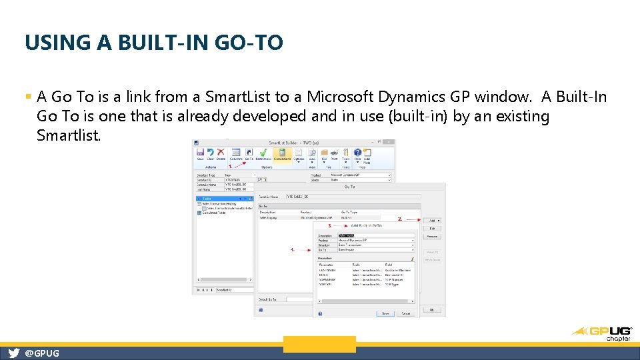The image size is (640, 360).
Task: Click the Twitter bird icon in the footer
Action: point(13,353)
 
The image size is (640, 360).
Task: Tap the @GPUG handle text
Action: point(42,353)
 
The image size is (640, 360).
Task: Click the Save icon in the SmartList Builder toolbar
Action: point(200,155)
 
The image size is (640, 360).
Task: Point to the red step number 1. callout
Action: point(231,166)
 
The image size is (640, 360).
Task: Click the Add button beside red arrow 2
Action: point(432,220)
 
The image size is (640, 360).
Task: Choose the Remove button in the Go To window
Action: point(432,236)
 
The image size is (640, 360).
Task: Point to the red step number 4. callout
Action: point(292,250)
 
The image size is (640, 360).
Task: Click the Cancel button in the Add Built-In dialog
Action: point(406,313)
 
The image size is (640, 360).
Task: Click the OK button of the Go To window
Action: point(432,309)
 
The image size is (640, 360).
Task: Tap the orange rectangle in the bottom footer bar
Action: point(319,344)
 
